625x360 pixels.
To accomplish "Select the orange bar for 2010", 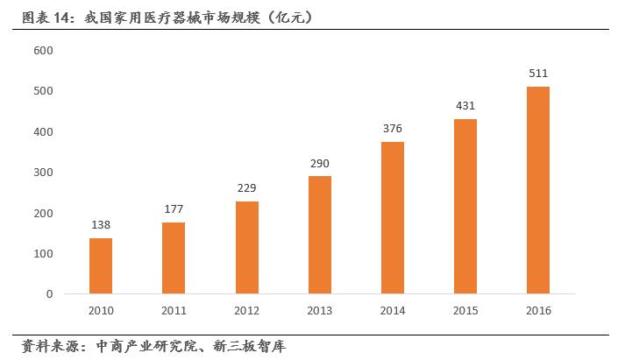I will (x=101, y=265).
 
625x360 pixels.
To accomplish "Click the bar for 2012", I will (x=246, y=247).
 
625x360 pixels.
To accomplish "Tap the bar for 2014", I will (x=393, y=217).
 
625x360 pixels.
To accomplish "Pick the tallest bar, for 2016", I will (x=538, y=190).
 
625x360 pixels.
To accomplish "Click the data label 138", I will (x=101, y=225).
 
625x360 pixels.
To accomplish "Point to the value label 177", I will (x=174, y=209).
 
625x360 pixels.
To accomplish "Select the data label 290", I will (x=319, y=164).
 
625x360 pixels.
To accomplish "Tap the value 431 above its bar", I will (x=465, y=106).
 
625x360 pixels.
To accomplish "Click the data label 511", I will (x=538, y=74).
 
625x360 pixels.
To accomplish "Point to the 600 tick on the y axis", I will (x=44, y=51).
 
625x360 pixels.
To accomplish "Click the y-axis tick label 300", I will (x=44, y=173).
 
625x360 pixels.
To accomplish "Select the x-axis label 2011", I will (x=174, y=310).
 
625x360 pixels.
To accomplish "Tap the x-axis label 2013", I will (x=319, y=310).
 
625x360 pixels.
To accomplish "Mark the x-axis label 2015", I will (x=465, y=310).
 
